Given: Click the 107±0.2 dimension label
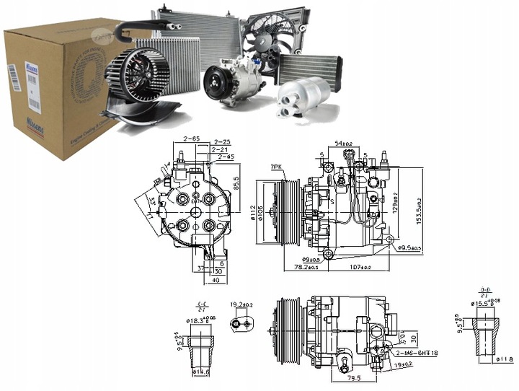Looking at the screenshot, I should click(360, 268).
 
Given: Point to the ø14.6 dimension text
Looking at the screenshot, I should click(200, 372).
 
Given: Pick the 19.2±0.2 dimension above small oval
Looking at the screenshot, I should click(241, 305).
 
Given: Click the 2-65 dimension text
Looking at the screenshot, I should click(191, 140).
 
